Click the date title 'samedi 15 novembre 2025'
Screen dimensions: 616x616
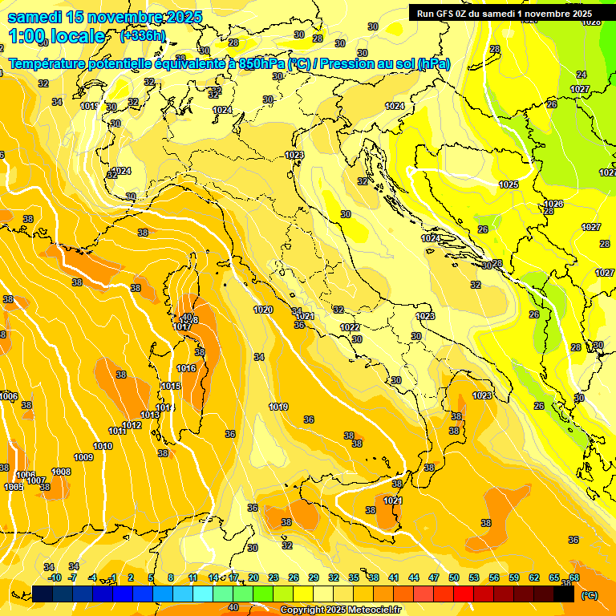(104, 17)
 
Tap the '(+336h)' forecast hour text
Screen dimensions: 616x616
(143, 35)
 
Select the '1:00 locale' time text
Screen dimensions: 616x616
(58, 36)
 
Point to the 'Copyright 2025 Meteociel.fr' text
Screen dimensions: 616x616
(341, 610)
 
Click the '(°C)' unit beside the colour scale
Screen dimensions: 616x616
(590, 595)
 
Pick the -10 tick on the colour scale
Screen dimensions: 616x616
(55, 577)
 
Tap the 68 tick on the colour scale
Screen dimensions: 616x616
(574, 577)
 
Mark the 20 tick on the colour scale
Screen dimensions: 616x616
(253, 577)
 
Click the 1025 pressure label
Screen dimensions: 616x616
(509, 184)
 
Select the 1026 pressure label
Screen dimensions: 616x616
(553, 204)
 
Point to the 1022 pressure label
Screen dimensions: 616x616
(350, 327)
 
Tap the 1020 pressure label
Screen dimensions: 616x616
(263, 310)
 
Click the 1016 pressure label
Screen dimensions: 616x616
(186, 368)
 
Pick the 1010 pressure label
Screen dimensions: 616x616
(103, 446)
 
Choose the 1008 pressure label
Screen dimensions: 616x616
(61, 472)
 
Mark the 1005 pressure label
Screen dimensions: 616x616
(14, 487)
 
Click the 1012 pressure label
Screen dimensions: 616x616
(132, 425)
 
